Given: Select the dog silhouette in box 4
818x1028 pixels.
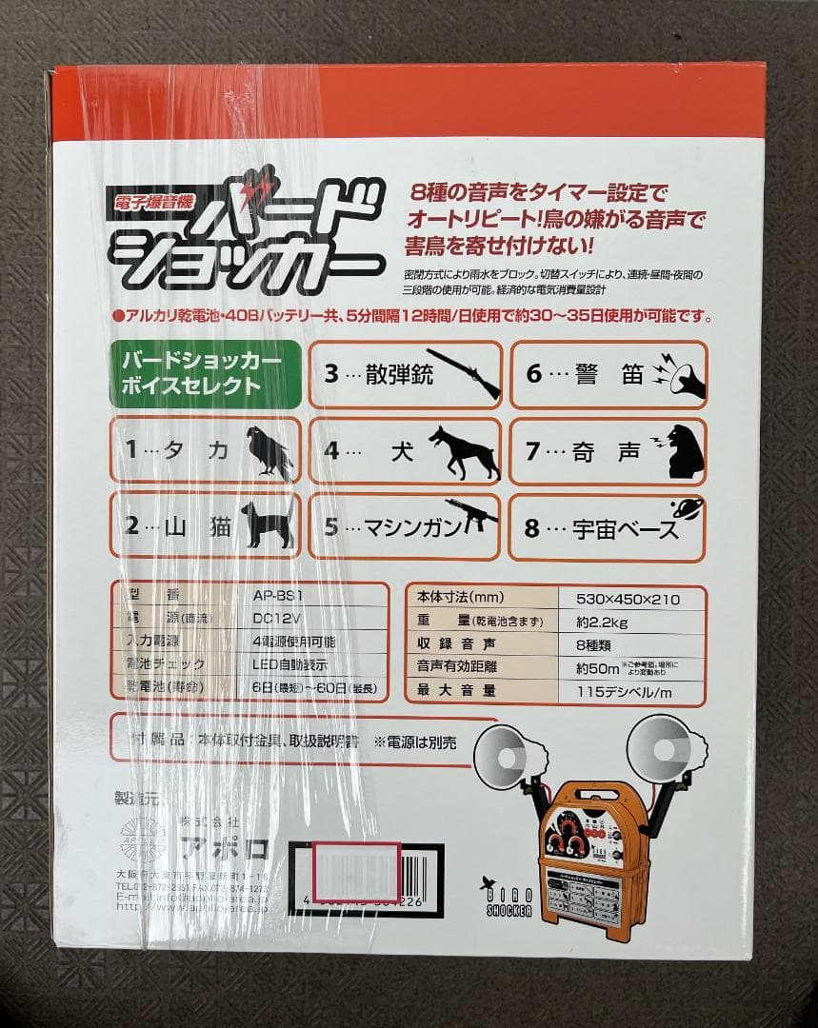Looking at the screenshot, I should coord(464,452).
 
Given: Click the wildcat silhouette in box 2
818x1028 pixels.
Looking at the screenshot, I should coord(268,525).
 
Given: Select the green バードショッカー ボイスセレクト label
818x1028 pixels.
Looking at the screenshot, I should coord(203,375).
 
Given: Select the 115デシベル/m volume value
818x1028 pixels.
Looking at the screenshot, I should coord(625,692).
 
